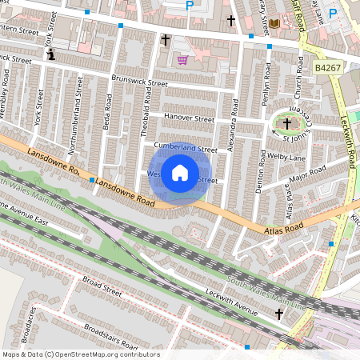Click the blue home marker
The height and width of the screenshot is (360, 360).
(x=180, y=173)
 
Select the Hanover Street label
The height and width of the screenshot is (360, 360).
(x=189, y=117)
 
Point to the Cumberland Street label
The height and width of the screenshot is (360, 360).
(x=186, y=149)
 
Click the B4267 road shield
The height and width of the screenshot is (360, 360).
(x=327, y=70)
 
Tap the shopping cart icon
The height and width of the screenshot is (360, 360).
(x=182, y=60)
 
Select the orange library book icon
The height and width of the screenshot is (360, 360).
(x=274, y=25)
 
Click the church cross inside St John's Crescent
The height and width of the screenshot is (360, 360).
(x=287, y=123)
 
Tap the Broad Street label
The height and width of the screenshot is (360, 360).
(x=102, y=286)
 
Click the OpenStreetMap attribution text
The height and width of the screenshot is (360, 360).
(x=81, y=354)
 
